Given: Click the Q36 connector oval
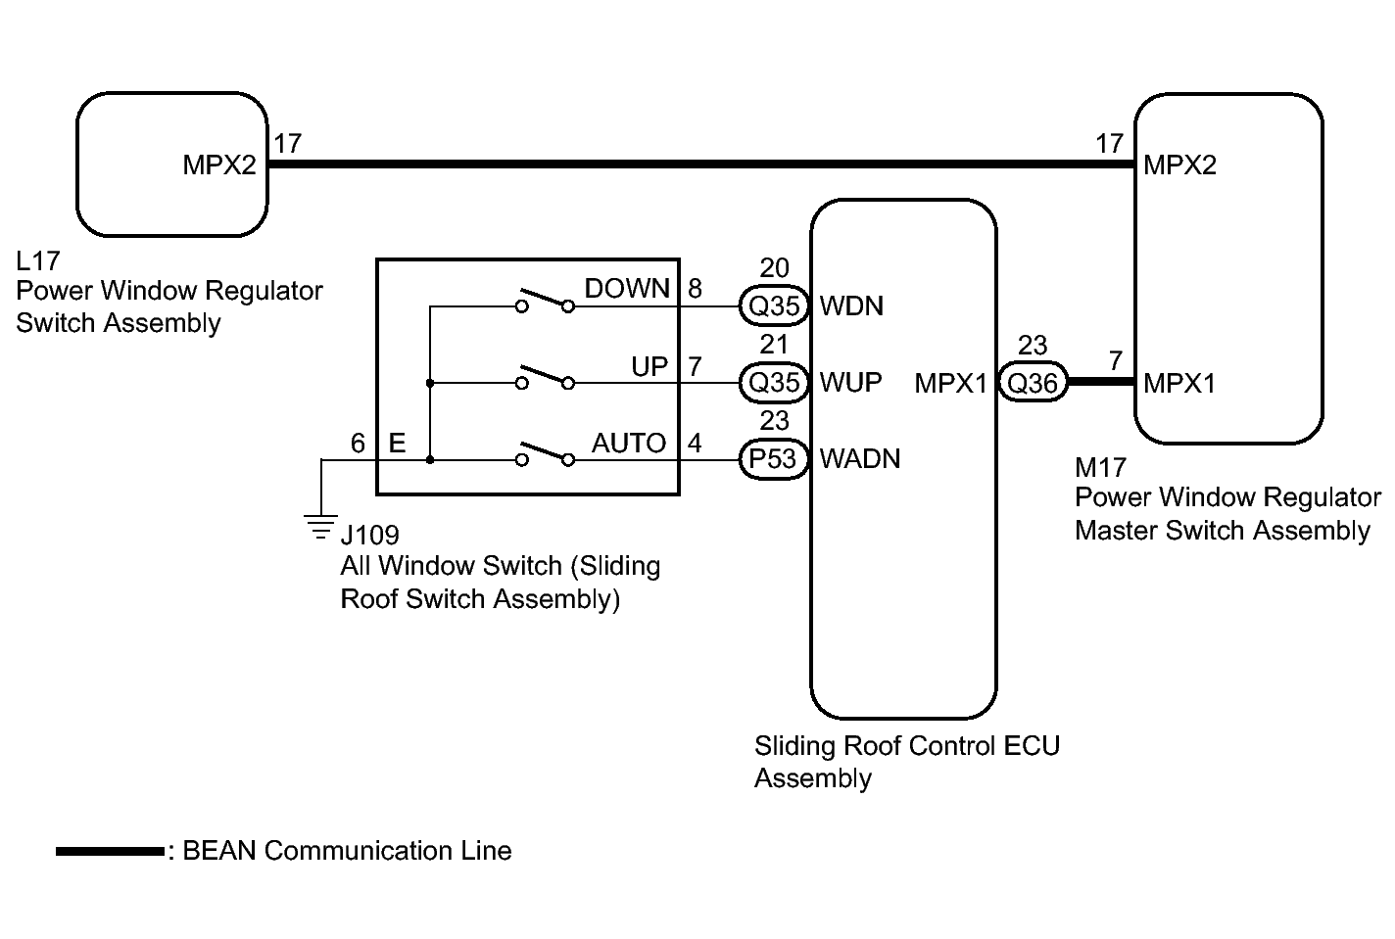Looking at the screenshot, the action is (x=1033, y=382).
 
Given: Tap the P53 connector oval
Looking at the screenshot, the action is (x=773, y=459).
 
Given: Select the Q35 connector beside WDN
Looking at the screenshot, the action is (x=774, y=306).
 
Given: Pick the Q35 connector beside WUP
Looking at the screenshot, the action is (x=774, y=383).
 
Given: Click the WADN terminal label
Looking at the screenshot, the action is (x=859, y=459).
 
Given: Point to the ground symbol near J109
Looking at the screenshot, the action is (x=320, y=527).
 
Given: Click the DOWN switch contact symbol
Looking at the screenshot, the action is (x=545, y=300).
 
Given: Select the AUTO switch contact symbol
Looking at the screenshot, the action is (x=545, y=453).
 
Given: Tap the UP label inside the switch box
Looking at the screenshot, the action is (x=649, y=366).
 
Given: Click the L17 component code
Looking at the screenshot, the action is (x=38, y=261).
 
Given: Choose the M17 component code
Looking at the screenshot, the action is (x=1100, y=467).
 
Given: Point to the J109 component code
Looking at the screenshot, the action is (x=370, y=535).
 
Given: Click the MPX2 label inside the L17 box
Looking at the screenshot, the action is (x=219, y=164).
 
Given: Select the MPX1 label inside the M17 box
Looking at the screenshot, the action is (x=1179, y=383).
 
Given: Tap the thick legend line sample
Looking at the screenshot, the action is (x=111, y=851).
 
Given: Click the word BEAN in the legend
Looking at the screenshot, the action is (x=219, y=851).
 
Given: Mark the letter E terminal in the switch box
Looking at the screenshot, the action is (x=398, y=443).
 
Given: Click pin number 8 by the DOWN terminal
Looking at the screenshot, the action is (x=695, y=288).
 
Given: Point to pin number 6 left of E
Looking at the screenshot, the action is (x=358, y=443).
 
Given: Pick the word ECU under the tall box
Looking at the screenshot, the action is (x=1032, y=745).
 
